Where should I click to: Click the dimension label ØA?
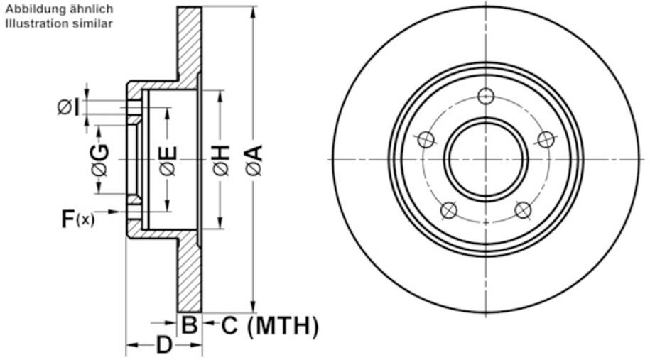point(254,160)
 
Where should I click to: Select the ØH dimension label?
point(221,160)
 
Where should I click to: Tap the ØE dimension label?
point(168,160)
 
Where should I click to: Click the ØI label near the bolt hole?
point(69,107)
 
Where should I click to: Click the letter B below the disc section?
point(189,326)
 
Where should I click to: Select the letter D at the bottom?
point(164,346)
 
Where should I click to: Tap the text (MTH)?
point(283,326)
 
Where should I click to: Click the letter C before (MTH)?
point(229,326)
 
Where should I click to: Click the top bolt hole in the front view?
point(486,96)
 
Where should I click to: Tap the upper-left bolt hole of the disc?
point(426,139)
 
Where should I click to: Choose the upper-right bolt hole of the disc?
point(546,139)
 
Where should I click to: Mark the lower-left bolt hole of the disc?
point(448,210)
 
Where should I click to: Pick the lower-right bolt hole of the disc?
point(523,210)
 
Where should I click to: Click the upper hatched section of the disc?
point(189,43)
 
